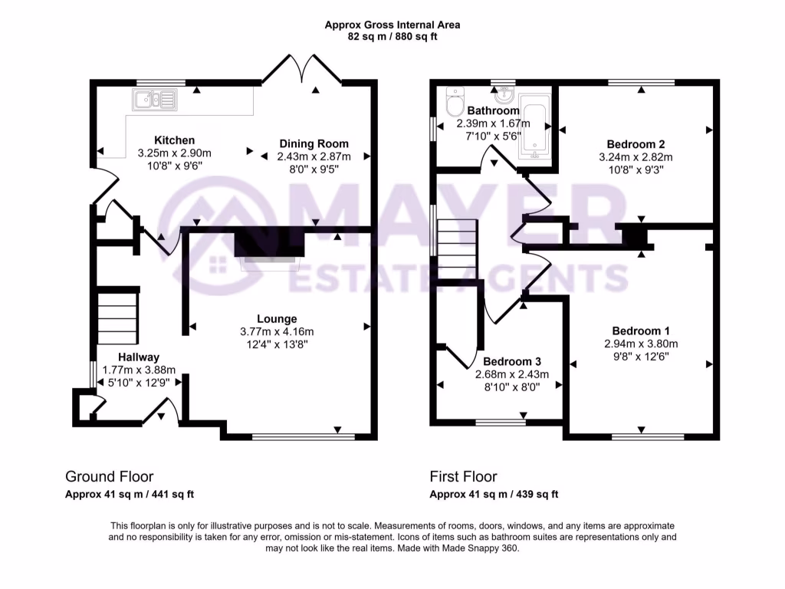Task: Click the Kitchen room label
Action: [x=174, y=140]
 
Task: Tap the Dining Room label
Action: [x=314, y=143]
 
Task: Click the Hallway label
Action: [x=138, y=357]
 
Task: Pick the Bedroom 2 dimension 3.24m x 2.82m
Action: [x=636, y=156]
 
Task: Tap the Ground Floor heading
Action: [x=103, y=477]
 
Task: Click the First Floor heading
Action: [x=463, y=477]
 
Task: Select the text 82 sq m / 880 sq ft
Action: [x=392, y=35]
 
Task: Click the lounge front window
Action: [x=303, y=438]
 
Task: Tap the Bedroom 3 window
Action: [x=501, y=421]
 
